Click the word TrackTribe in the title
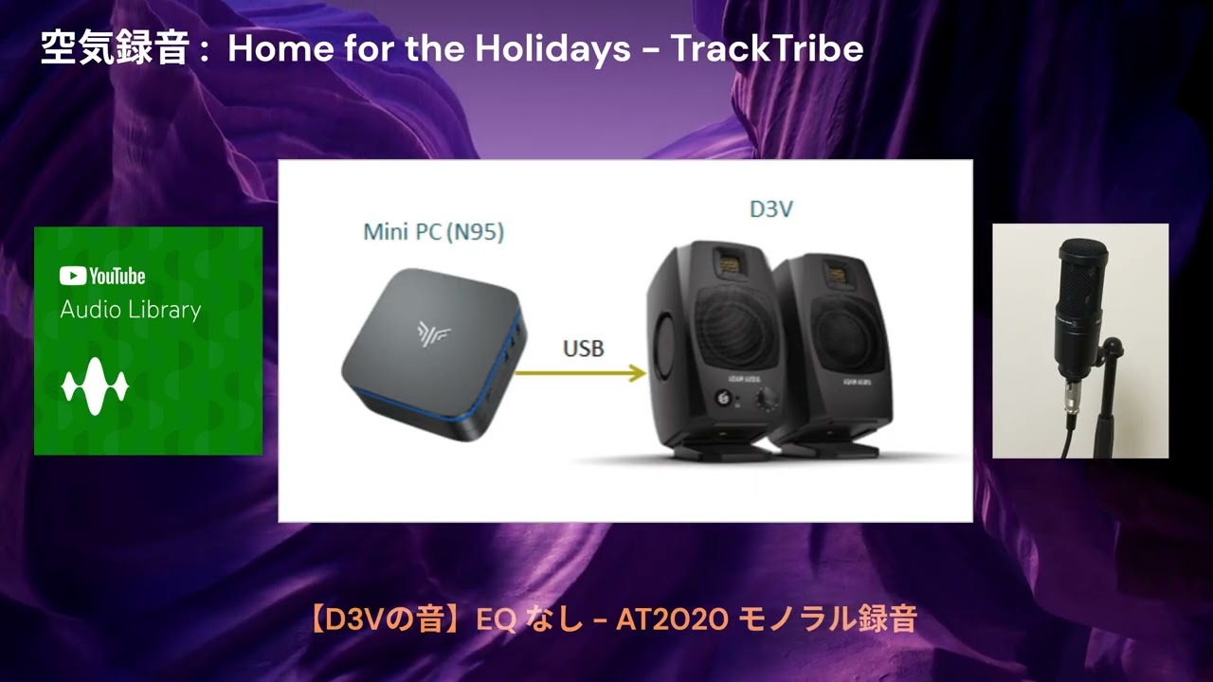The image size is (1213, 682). point(768,49)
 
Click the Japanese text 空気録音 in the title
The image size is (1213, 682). point(115,49)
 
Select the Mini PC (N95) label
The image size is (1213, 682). point(433,231)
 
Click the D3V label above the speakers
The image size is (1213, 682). point(770,209)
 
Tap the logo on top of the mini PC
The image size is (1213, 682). point(432,332)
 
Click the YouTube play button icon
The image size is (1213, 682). point(72,276)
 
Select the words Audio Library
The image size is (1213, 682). point(130,310)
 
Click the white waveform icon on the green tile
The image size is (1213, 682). point(95,386)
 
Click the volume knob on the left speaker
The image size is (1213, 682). point(761,402)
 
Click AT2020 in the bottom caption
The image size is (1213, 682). point(672,620)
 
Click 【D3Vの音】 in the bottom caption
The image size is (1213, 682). point(387,620)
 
